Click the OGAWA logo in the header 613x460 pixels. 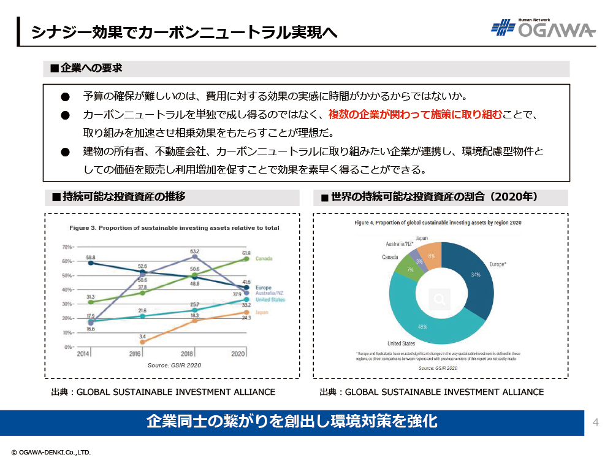click(543, 28)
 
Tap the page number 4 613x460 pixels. click(595, 422)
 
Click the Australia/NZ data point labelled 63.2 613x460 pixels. click(195, 256)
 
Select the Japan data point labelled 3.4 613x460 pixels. click(142, 342)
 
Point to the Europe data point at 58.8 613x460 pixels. click(91, 263)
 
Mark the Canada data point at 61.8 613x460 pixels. click(246, 259)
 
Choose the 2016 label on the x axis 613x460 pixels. click(135, 354)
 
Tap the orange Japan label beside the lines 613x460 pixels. click(262, 312)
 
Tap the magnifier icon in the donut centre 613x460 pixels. click(440, 299)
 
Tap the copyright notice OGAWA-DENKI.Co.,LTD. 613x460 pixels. click(51, 452)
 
